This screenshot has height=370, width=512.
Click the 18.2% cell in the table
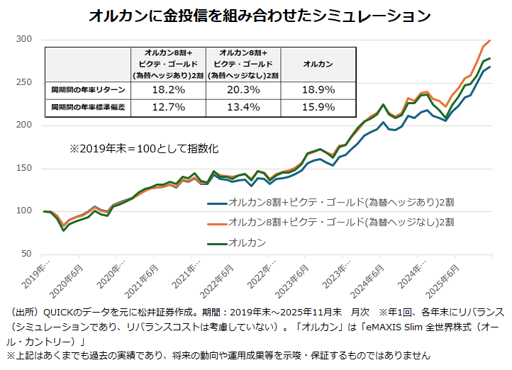pos(168,90)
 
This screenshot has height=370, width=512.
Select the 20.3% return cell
pos(243,90)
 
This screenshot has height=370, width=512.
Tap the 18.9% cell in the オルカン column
pos(318,90)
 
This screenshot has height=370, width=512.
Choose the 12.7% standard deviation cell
pos(168,107)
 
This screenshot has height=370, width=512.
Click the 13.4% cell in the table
pos(243,107)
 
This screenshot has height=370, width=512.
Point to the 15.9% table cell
pos(318,107)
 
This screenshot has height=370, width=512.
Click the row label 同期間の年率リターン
pos(87,91)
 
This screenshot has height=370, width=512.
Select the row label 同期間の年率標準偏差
pos(87,108)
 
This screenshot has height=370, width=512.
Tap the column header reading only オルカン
pos(318,64)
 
